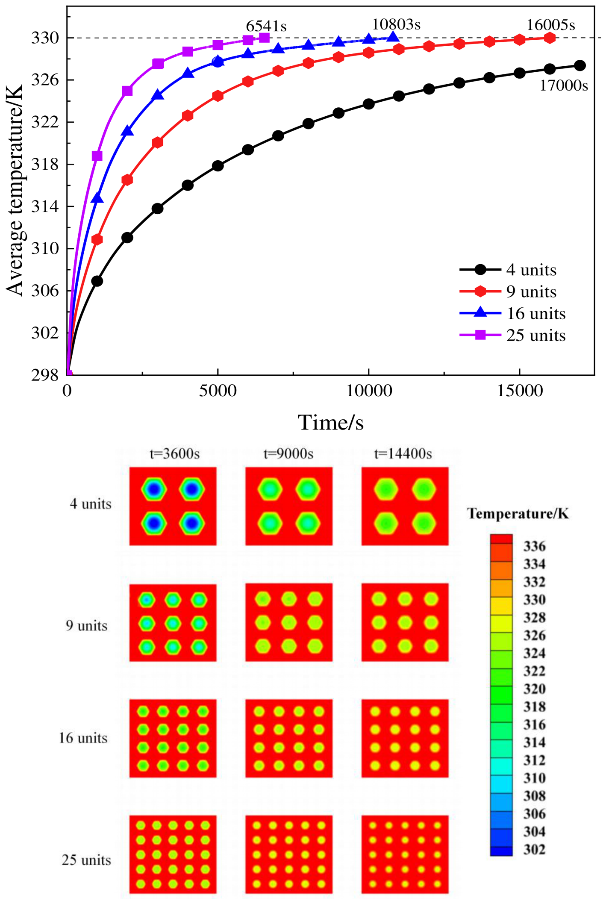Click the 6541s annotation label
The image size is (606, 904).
coord(266,27)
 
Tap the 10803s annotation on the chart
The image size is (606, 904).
coord(396,24)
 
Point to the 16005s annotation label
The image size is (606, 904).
coord(550,25)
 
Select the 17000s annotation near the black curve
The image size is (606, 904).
coord(564,85)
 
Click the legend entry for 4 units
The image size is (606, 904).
coord(508,270)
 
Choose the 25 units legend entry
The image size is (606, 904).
coord(512,335)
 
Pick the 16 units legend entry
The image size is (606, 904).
coord(512,313)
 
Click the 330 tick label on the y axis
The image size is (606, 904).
coord(45,38)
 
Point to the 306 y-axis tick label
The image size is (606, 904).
coord(45,291)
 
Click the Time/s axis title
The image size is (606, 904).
coord(330,422)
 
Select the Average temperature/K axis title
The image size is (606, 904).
coord(15,190)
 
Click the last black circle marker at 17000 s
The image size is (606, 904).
coord(580,65)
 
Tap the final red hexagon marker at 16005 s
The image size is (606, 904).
coord(550,38)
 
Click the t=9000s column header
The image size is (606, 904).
coord(288,453)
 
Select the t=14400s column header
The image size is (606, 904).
coord(403,453)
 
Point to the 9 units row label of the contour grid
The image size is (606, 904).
coord(86,626)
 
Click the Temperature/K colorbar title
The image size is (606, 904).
coord(518,513)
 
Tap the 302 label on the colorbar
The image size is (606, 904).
coord(534,849)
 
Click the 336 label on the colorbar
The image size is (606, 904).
coord(534,546)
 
